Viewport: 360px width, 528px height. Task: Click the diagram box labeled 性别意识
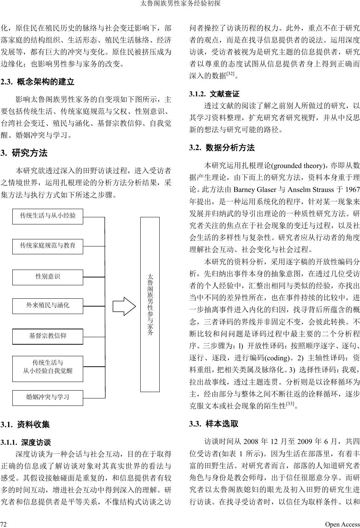click(x=48, y=277)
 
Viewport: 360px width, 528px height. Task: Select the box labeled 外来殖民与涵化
click(x=48, y=305)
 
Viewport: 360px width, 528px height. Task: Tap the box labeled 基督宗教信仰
click(x=48, y=336)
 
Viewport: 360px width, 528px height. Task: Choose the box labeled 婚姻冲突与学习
click(x=48, y=397)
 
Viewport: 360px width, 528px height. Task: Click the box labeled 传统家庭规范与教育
click(x=48, y=246)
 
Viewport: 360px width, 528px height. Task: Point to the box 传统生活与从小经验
click(x=48, y=216)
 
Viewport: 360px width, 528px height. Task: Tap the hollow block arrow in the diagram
click(x=125, y=307)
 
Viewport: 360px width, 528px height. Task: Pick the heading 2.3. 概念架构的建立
click(x=38, y=82)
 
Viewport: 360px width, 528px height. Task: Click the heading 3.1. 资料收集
click(x=25, y=425)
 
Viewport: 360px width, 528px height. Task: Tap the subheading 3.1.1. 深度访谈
click(x=26, y=443)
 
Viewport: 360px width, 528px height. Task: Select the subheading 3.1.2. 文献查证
click(x=214, y=94)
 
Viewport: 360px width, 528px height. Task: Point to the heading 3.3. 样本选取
click(x=214, y=424)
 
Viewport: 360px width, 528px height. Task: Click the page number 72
click(x=3, y=524)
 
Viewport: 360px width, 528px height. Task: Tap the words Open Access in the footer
click(x=342, y=524)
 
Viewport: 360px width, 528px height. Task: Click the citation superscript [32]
click(x=230, y=74)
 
